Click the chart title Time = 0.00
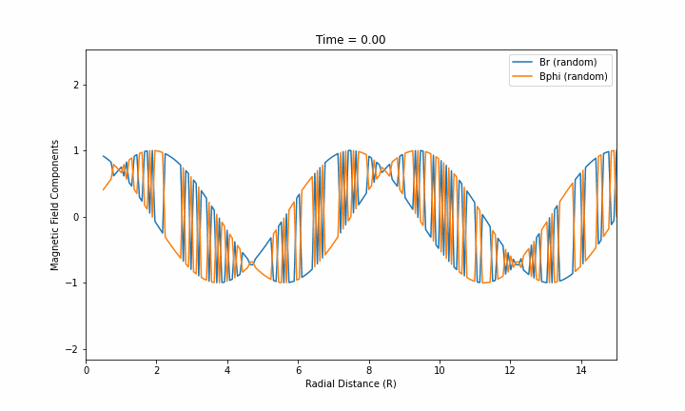[x=350, y=40]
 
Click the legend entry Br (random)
[x=568, y=63]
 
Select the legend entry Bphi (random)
[x=573, y=77]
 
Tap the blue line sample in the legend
[x=523, y=63]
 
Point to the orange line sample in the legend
[x=523, y=77]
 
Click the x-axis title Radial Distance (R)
[x=350, y=384]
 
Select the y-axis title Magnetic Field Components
[x=55, y=205]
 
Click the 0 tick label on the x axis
[x=86, y=370]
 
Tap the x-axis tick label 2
[x=157, y=370]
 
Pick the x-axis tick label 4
[x=227, y=370]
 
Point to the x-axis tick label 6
[x=298, y=370]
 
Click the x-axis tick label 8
[x=369, y=370]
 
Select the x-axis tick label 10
[x=440, y=370]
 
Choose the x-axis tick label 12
[x=510, y=370]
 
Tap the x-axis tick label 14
[x=581, y=370]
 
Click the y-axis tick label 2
[x=75, y=85]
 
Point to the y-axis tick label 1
[x=75, y=151]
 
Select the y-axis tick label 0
[x=75, y=217]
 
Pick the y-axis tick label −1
[x=72, y=284]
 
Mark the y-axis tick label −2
[x=72, y=349]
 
